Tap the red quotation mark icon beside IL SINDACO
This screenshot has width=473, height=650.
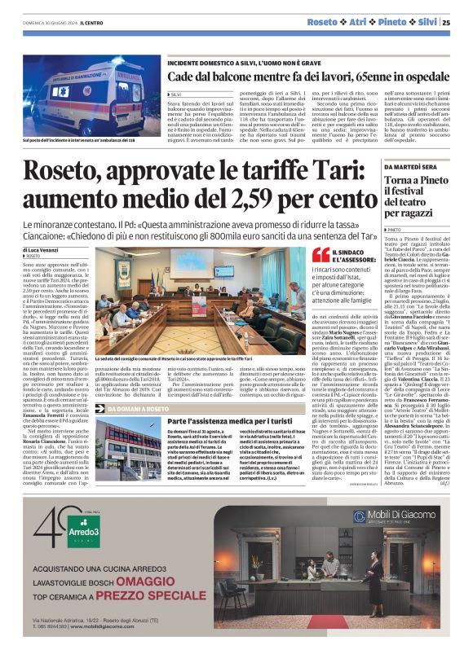coord(321,255)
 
